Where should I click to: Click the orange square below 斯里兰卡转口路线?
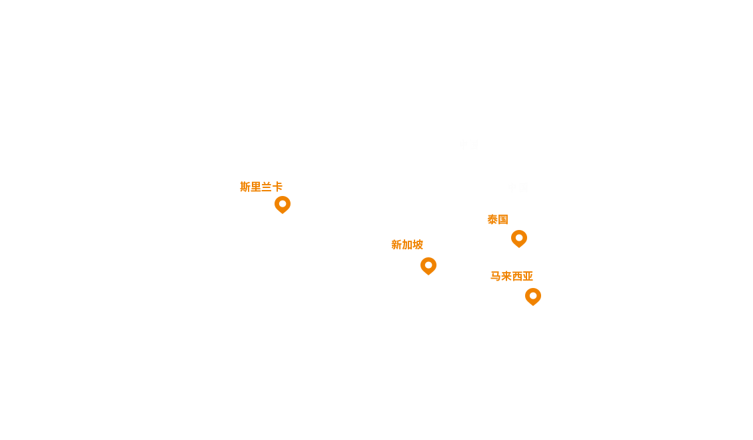(282, 205)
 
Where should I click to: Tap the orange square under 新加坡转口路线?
(428, 266)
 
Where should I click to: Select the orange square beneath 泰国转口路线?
(518, 239)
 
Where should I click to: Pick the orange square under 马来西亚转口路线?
(532, 296)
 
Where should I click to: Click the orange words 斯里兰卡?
(261, 187)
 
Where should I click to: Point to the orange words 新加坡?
(407, 245)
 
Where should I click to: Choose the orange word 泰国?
(498, 219)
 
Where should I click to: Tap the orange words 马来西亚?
(512, 276)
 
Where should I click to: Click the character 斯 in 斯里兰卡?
(245, 187)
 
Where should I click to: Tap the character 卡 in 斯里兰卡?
(277, 187)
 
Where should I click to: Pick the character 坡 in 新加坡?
(418, 245)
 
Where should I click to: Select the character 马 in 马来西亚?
(496, 276)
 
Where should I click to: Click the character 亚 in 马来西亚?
(528, 276)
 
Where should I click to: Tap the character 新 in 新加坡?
(396, 245)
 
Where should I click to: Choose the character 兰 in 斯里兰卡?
(267, 187)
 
